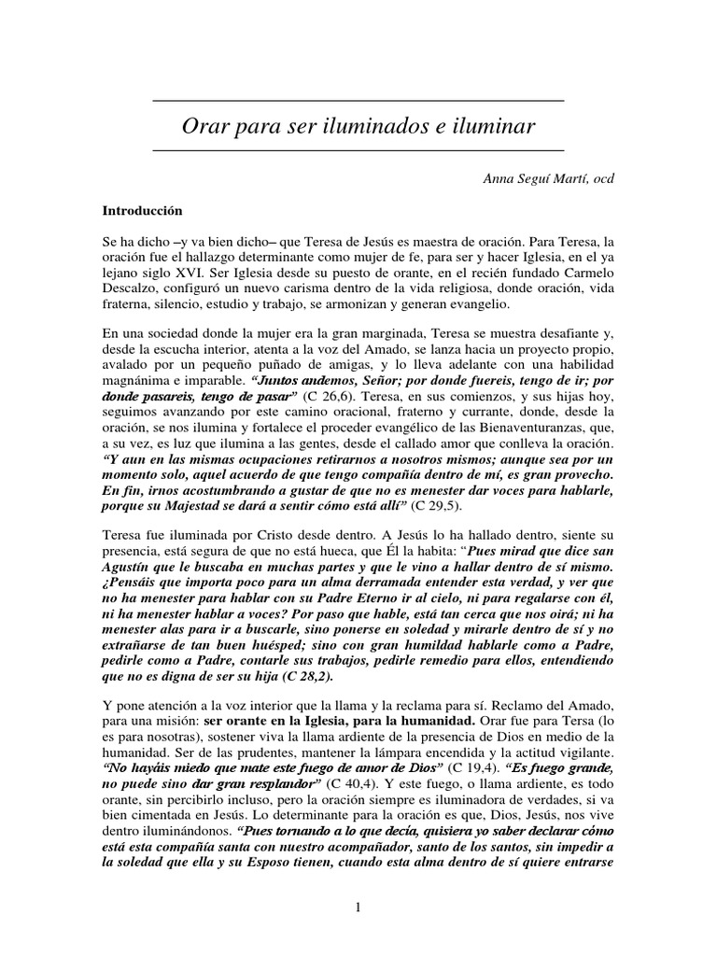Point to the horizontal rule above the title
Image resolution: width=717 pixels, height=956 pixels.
[358, 100]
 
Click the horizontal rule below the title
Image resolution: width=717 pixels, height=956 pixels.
[358, 149]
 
